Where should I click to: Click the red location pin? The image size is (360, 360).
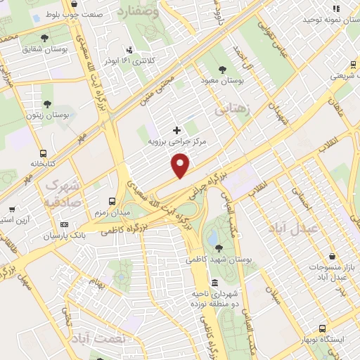tap(181, 166)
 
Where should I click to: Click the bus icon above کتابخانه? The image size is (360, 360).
tap(44, 153)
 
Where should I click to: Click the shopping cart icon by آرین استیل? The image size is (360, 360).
tap(12, 209)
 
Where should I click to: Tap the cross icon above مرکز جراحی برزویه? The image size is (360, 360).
tap(176, 129)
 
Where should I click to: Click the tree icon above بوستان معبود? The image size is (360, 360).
tap(222, 70)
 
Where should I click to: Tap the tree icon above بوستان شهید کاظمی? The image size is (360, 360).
tap(219, 247)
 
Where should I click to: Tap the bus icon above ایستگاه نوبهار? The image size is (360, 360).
tap(322, 328)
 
